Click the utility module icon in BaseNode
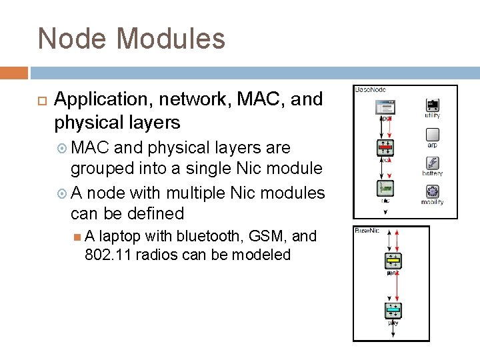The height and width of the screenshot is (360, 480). [x=432, y=105]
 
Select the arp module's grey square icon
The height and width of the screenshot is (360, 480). [x=432, y=134]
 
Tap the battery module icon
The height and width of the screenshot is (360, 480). [x=432, y=163]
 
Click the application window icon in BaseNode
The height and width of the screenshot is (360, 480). [x=386, y=106]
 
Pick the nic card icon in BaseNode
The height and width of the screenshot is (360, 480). [x=386, y=189]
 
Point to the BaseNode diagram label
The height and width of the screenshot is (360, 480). [x=371, y=89]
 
